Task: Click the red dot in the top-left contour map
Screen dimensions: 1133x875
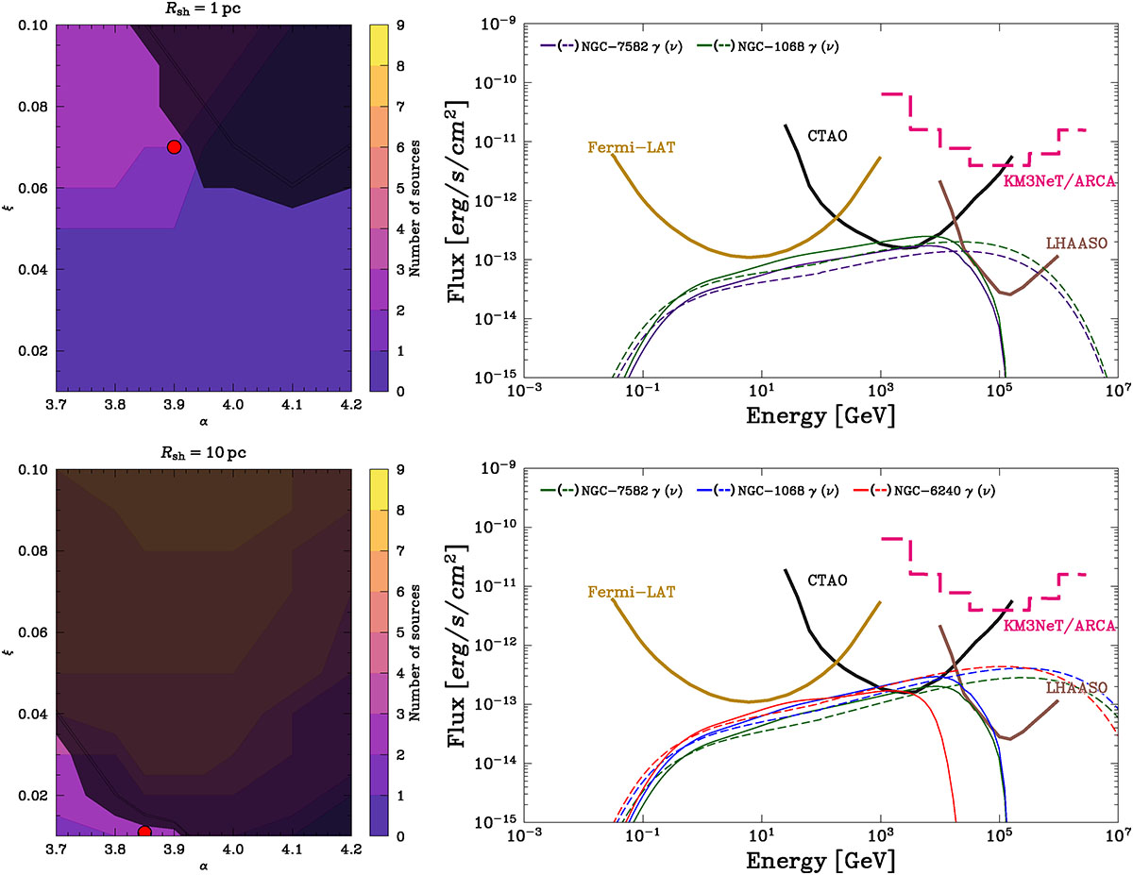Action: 174,147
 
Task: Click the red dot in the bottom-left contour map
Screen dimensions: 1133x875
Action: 145,832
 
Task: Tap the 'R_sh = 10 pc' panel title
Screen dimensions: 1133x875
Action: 203,453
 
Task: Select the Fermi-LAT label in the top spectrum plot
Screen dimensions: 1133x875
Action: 632,147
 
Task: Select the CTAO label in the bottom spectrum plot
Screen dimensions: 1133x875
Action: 827,581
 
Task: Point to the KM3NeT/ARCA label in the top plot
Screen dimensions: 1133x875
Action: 1059,181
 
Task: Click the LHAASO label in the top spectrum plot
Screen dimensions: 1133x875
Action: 1076,243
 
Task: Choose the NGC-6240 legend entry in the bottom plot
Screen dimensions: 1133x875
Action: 924,491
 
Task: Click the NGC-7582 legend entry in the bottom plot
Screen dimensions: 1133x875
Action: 612,491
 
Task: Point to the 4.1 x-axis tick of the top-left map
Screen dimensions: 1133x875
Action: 292,405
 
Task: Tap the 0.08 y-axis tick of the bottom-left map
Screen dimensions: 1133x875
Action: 33,551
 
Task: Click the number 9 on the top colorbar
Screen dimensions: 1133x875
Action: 400,25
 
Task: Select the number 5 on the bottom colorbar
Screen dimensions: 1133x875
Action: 400,632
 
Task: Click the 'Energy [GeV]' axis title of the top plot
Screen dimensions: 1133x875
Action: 820,416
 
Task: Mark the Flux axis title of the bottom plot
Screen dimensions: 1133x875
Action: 457,646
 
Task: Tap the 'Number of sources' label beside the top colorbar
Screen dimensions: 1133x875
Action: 415,209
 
